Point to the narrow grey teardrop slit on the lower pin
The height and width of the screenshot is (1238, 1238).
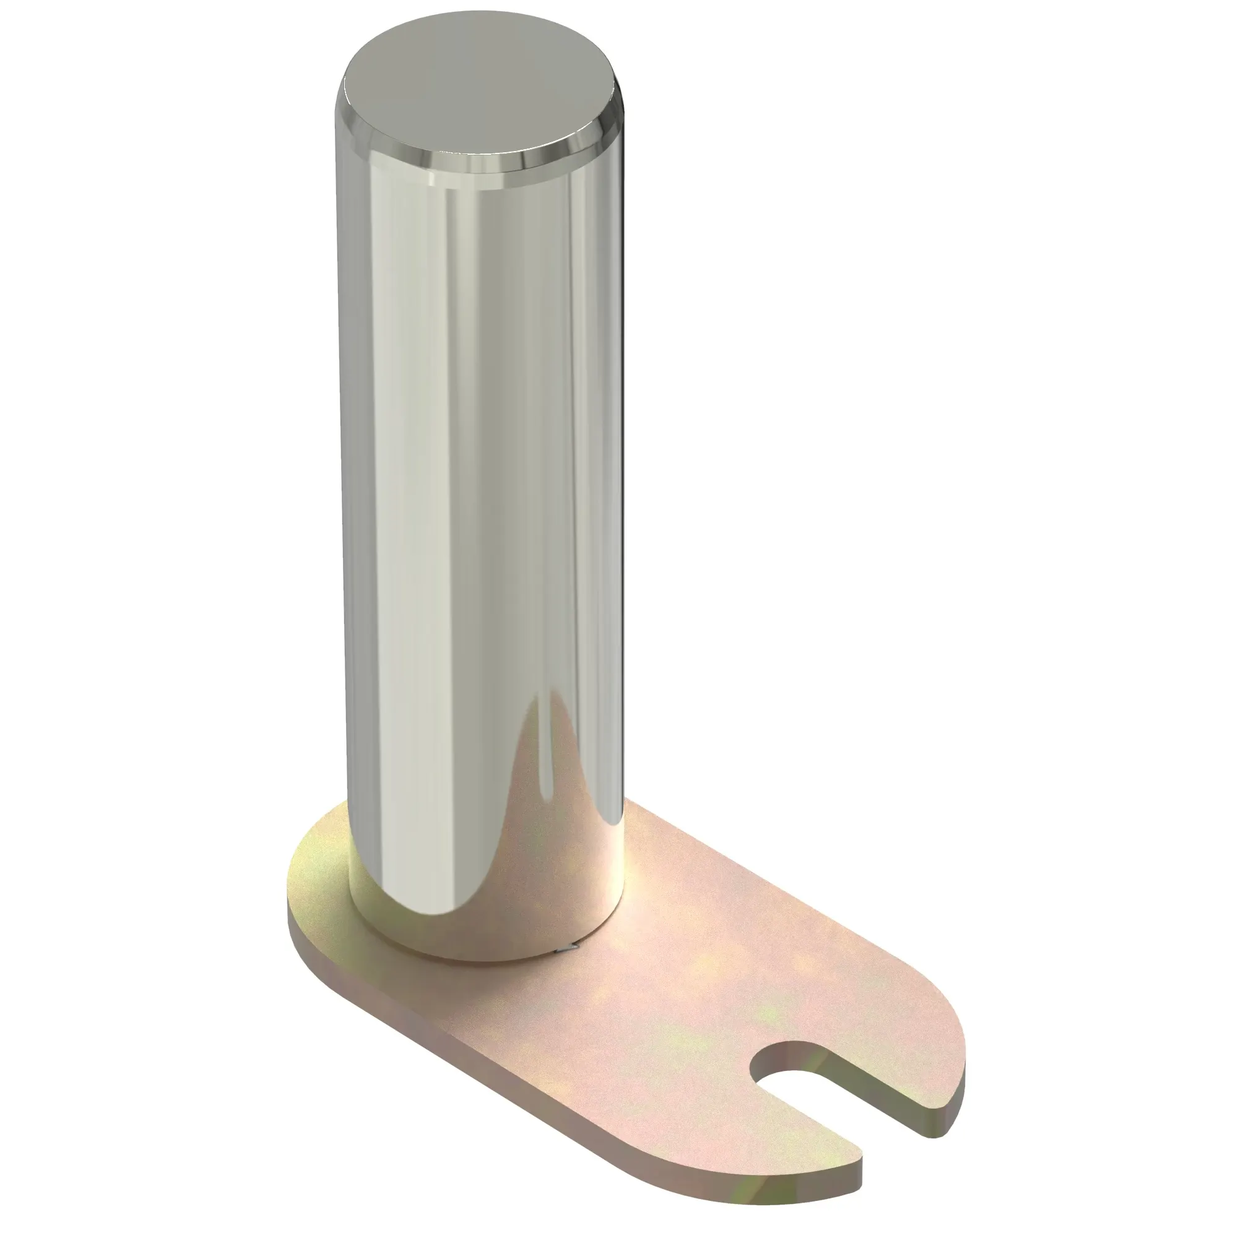pyautogui.click(x=545, y=769)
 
